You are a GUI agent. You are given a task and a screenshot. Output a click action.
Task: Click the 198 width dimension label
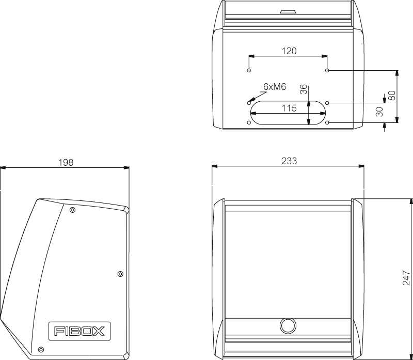click(x=66, y=162)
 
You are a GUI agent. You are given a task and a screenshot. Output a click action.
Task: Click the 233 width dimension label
click(x=289, y=161)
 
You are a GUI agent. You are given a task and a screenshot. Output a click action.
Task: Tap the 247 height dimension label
click(x=406, y=278)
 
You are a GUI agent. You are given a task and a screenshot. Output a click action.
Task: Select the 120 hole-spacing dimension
click(x=289, y=51)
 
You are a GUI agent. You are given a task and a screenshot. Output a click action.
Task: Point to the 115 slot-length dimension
click(x=289, y=108)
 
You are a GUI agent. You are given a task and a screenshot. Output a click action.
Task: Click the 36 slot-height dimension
click(x=304, y=89)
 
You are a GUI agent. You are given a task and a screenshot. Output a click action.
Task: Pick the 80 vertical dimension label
click(x=392, y=96)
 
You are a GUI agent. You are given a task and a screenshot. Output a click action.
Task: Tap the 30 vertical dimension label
click(x=379, y=112)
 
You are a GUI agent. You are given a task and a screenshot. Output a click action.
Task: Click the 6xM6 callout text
click(x=275, y=87)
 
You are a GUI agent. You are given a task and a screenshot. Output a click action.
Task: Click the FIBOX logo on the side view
click(x=80, y=331)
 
